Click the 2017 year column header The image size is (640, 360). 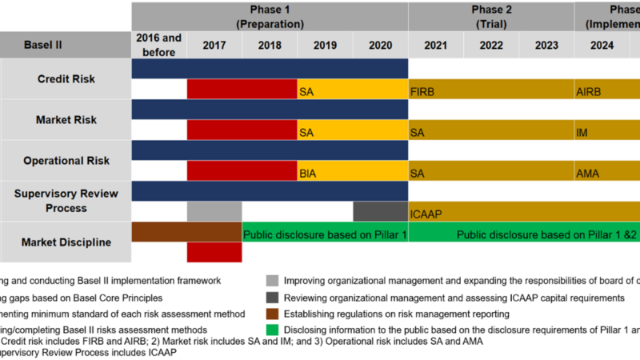tap(214, 46)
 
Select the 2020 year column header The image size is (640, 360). tap(380, 46)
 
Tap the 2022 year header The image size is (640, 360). tap(491, 46)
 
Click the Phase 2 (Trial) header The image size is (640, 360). tap(491, 16)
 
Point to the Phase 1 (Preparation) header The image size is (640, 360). tap(270, 16)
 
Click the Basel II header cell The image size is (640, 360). tap(66, 46)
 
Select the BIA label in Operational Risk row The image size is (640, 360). tap(308, 173)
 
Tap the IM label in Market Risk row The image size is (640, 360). tap(582, 132)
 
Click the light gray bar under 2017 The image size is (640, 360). tap(214, 211)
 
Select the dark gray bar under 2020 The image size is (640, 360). tap(380, 211)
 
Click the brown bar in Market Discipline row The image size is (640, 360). tap(186, 232)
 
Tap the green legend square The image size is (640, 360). tap(273, 330)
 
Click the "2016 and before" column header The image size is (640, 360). tap(159, 46)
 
